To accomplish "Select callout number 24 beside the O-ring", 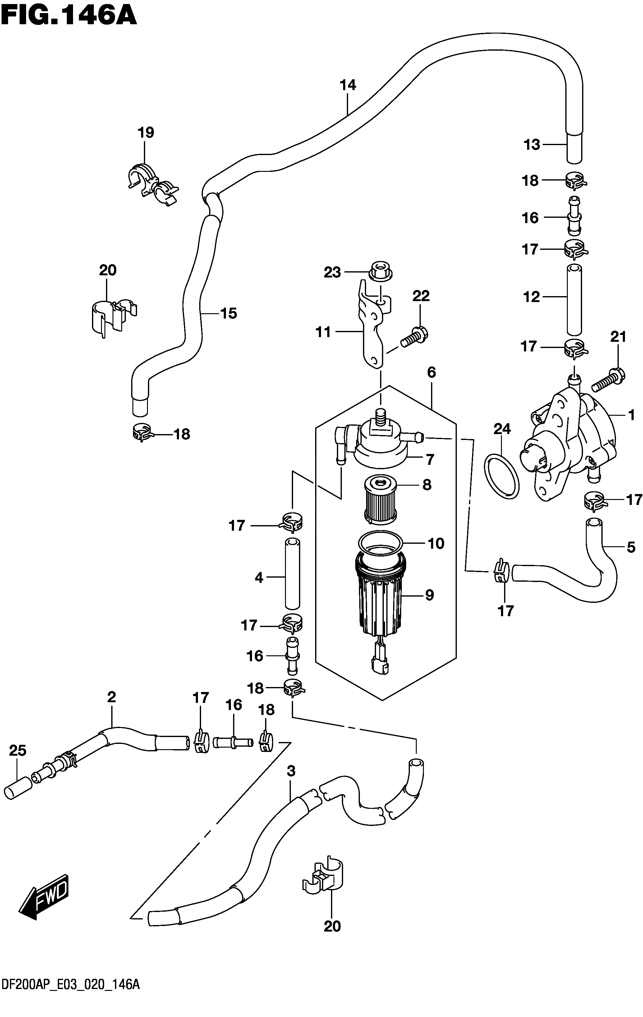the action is [x=502, y=429].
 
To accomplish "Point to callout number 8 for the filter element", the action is [x=427, y=484].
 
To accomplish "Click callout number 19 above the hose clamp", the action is [x=146, y=133].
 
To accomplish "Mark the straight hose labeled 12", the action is [x=574, y=299].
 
